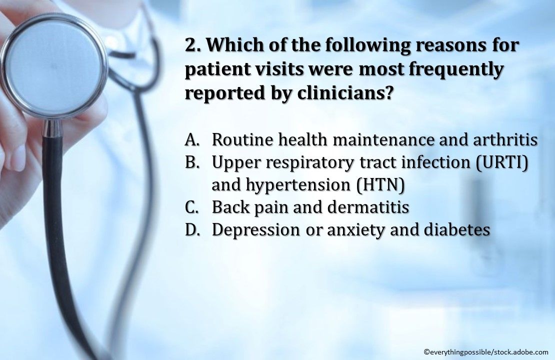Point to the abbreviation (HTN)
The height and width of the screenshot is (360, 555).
pos(380,185)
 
